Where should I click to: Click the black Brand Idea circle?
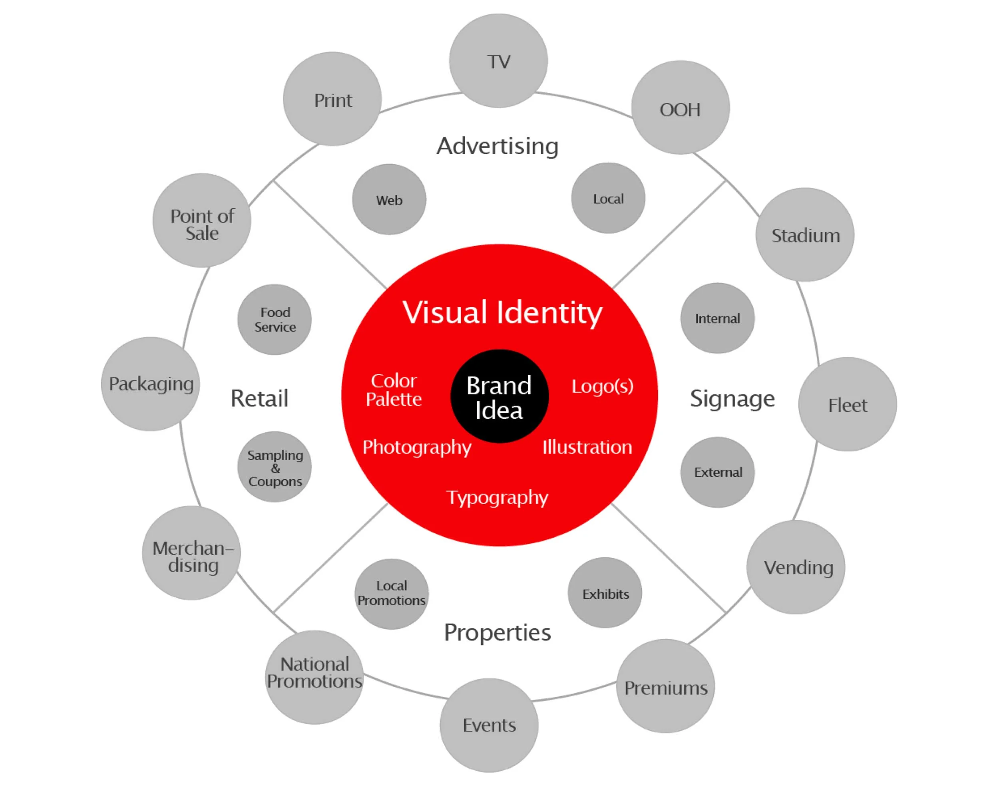[x=499, y=396]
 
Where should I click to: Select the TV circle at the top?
[x=499, y=61]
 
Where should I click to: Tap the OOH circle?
[x=680, y=107]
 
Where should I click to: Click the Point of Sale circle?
[x=202, y=221]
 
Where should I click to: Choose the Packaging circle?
[x=151, y=384]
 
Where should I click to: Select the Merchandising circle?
[x=191, y=553]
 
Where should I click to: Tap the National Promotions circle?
[x=314, y=677]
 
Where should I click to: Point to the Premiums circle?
[x=665, y=686]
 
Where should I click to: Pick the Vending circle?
[x=796, y=567]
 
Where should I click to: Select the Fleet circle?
[x=848, y=404]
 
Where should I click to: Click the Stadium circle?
[x=805, y=235]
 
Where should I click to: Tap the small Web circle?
[x=389, y=200]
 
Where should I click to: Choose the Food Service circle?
[x=275, y=320]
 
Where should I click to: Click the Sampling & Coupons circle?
[x=275, y=467]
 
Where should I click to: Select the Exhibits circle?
[x=605, y=593]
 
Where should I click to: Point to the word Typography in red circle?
[x=497, y=497]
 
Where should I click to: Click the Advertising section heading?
[x=498, y=146]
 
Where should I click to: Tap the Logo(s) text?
[x=602, y=386]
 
